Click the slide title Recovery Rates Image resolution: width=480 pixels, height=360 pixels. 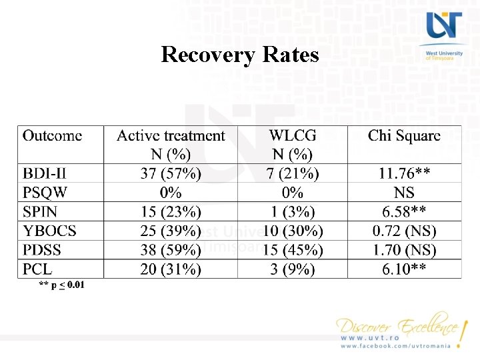pos(240,54)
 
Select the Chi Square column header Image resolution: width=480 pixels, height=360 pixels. pos(404,136)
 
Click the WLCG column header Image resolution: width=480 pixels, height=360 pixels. pos(293,136)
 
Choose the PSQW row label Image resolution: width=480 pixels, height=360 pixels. pos(45,193)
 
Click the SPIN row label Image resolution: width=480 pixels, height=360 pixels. pos(40,213)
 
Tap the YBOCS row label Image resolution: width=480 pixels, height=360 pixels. pos(50,231)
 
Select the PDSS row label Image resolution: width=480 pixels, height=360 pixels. pos(43,251)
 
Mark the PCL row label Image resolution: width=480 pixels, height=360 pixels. pos(37,269)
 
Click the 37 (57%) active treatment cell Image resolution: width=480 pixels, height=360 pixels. pos(171,174)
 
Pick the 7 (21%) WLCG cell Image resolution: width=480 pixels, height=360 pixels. pos(293,174)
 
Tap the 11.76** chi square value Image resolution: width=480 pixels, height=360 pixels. pos(404,174)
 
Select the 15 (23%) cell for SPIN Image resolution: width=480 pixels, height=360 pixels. pos(171,213)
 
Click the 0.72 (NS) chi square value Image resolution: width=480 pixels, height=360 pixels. pos(404,231)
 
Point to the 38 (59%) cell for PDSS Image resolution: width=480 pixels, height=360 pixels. pos(171,251)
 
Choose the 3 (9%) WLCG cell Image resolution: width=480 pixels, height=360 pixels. pos(293,269)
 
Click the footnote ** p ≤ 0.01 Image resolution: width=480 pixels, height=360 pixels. pos(62,285)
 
